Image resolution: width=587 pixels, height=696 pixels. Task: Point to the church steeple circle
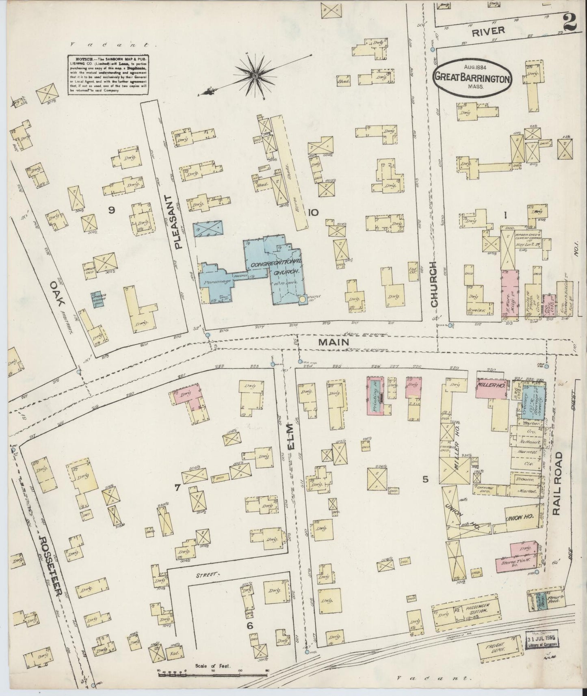[302, 300]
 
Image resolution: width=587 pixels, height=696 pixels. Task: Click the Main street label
[334, 343]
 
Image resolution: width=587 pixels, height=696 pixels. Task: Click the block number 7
[178, 488]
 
